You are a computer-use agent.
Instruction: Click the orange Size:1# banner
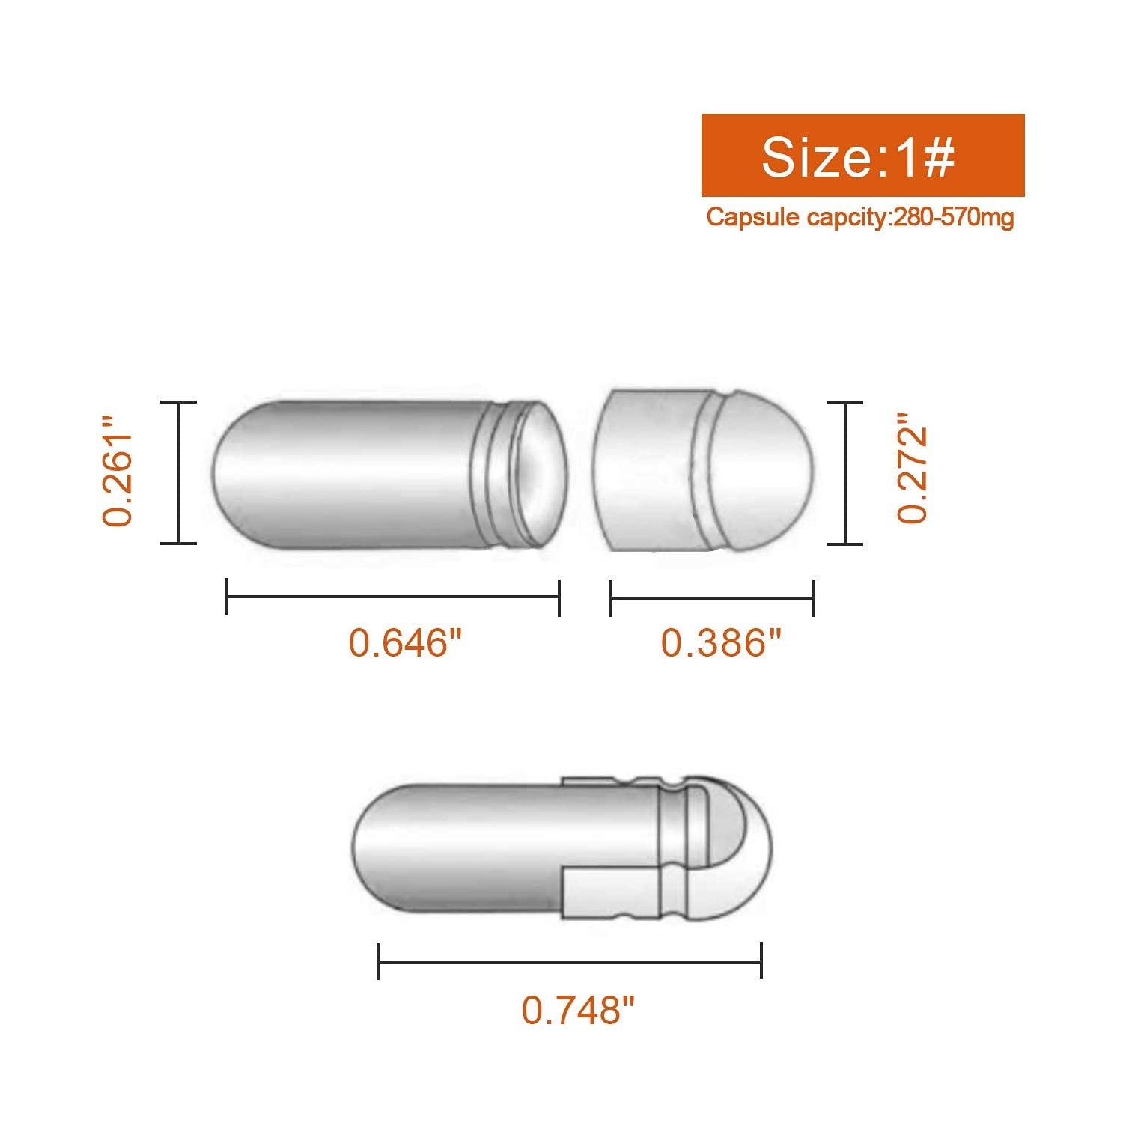click(862, 155)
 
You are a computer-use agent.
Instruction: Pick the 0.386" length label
click(721, 642)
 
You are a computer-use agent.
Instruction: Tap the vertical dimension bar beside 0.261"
click(179, 472)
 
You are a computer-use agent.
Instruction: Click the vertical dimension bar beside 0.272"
click(845, 472)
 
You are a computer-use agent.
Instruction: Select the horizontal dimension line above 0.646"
click(393, 597)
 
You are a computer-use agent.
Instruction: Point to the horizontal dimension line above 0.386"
click(712, 598)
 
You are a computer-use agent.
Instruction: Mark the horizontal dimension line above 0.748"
click(570, 961)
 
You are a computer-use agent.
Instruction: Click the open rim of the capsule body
click(543, 473)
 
